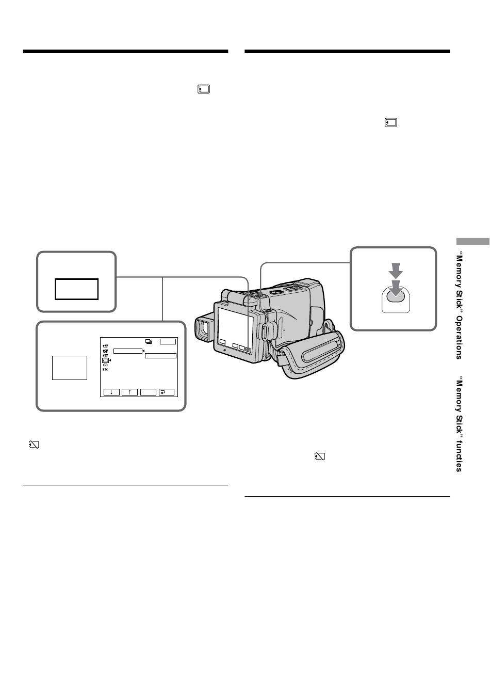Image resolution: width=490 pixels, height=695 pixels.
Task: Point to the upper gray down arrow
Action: click(x=396, y=270)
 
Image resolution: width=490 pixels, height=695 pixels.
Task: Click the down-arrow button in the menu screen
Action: click(x=111, y=392)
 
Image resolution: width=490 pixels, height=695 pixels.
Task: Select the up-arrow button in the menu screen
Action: click(x=129, y=392)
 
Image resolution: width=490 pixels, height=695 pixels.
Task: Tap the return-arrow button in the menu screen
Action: click(x=167, y=392)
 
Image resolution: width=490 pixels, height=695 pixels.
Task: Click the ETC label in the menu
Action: click(x=105, y=370)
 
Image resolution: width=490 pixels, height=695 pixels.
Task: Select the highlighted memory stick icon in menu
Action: click(x=105, y=360)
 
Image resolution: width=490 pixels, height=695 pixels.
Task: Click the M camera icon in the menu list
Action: click(x=105, y=346)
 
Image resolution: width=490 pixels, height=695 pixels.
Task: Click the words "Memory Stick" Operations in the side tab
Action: click(x=459, y=305)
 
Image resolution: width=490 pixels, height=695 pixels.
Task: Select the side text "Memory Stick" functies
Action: click(x=459, y=424)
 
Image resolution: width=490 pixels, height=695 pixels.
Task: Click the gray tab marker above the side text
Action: click(x=472, y=241)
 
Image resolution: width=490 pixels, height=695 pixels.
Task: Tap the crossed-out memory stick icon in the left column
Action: click(x=34, y=445)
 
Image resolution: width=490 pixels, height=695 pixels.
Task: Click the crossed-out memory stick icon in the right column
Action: click(x=320, y=456)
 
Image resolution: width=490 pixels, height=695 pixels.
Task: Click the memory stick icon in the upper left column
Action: click(x=204, y=89)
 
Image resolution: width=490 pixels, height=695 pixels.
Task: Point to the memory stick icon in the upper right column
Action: click(x=391, y=122)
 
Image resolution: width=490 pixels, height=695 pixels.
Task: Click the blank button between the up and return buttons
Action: click(x=148, y=392)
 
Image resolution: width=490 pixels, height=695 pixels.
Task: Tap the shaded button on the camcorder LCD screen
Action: click(x=248, y=349)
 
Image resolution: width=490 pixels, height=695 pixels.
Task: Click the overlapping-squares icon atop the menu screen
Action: click(x=149, y=342)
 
